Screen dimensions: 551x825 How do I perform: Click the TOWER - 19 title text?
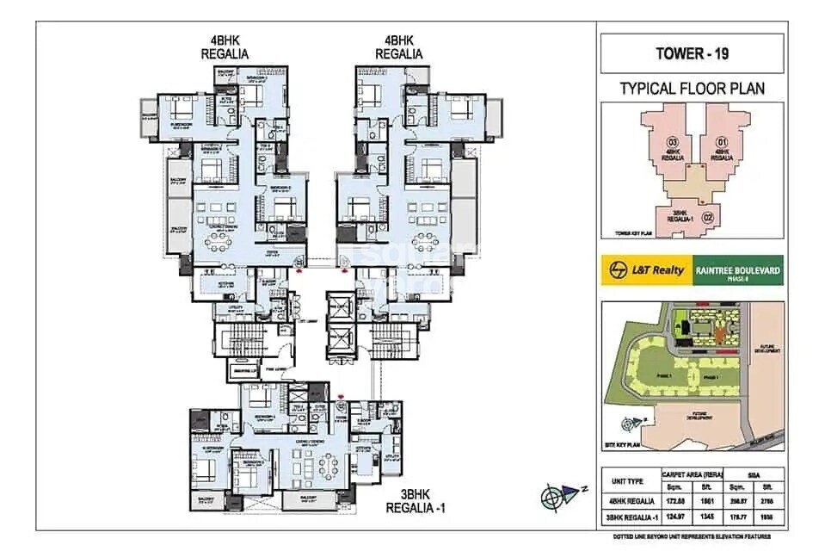[692, 53]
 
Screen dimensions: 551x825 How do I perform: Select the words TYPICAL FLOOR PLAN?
[692, 88]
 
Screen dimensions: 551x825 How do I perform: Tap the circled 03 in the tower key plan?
[674, 141]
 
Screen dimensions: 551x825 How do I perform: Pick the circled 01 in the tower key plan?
[722, 141]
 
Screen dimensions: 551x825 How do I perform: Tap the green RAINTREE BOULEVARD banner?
[734, 270]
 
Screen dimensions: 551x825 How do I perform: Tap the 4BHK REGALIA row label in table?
[628, 499]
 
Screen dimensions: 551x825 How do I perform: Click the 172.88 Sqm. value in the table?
[677, 499]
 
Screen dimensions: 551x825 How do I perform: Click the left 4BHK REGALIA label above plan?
[225, 46]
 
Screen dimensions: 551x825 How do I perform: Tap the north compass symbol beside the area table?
[557, 497]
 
